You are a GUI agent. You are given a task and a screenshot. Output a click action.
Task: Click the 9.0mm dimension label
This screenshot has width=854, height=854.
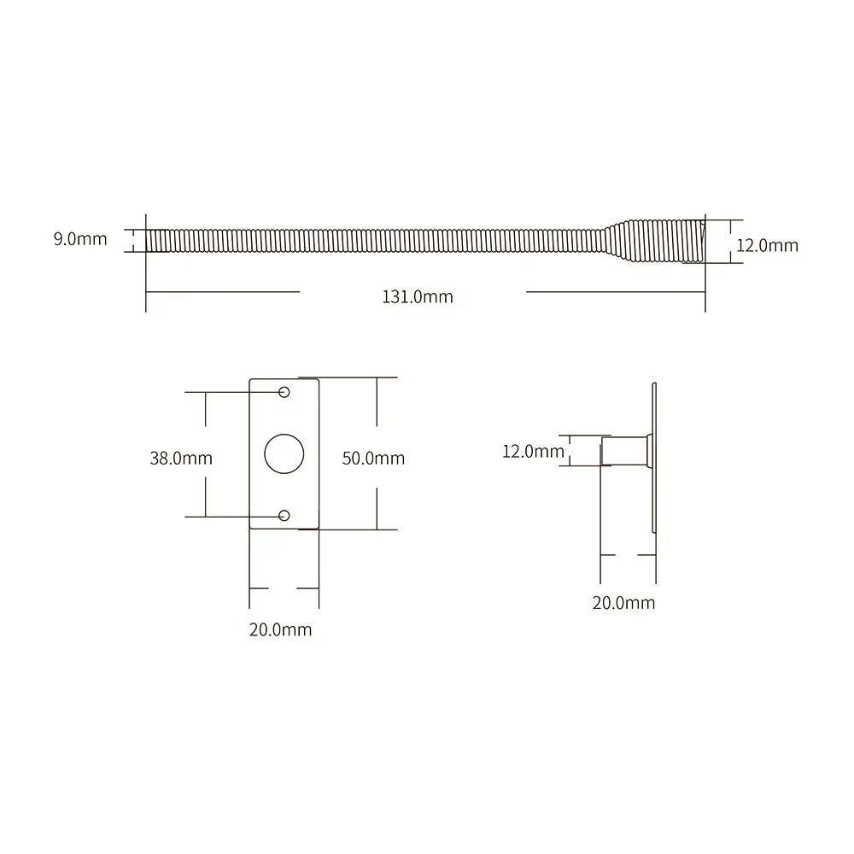click(80, 239)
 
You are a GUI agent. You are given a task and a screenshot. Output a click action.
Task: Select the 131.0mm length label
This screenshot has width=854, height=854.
click(417, 297)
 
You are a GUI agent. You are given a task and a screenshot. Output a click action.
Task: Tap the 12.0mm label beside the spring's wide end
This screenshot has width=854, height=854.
click(767, 246)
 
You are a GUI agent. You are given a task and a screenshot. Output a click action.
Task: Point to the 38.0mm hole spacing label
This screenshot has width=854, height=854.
click(181, 458)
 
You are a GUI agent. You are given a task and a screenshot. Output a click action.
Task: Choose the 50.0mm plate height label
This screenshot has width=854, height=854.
click(373, 458)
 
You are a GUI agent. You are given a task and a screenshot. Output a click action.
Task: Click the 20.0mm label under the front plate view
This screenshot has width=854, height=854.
click(280, 630)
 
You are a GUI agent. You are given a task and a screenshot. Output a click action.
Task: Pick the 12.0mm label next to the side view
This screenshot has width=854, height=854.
click(533, 451)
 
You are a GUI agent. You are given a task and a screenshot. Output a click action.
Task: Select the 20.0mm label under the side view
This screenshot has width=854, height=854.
click(623, 603)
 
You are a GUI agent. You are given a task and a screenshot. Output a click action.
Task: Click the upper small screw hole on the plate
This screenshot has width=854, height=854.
click(284, 392)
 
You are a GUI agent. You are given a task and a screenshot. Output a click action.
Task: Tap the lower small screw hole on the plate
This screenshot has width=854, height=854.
click(284, 516)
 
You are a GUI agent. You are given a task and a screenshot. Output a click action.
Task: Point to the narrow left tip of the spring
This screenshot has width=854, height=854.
click(152, 240)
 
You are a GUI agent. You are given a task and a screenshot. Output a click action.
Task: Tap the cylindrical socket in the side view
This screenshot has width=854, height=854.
click(625, 450)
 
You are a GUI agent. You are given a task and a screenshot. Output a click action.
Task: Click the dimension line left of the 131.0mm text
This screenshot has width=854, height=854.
click(222, 292)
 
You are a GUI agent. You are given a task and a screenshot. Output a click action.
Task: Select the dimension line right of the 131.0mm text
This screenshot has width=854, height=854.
click(615, 292)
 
